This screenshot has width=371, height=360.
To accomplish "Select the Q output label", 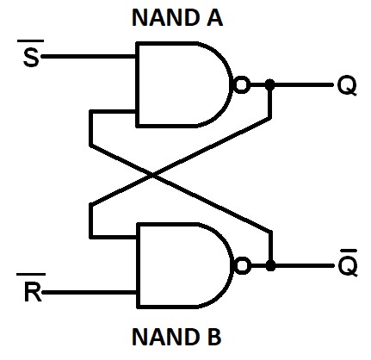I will pyautogui.click(x=346, y=86).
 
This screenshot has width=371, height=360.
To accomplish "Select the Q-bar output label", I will pyautogui.click(x=346, y=264).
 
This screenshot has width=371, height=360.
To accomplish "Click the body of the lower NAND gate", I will pyautogui.click(x=181, y=265).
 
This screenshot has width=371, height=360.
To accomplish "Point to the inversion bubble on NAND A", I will pyautogui.click(x=243, y=85).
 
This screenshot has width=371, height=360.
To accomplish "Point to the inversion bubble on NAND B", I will pyautogui.click(x=243, y=265).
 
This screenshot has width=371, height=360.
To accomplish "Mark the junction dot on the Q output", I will pyautogui.click(x=270, y=85).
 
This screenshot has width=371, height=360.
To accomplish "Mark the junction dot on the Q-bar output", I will pyautogui.click(x=270, y=265).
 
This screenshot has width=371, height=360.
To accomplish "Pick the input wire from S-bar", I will pyautogui.click(x=86, y=57).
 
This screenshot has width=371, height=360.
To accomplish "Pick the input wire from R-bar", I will pyautogui.click(x=86, y=293).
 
